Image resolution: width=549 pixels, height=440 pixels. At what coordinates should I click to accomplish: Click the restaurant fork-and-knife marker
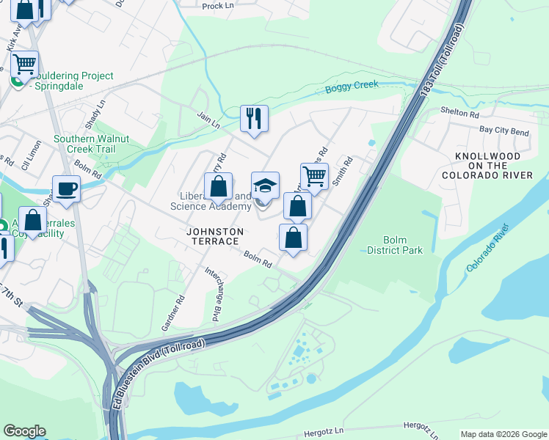click(x=254, y=119)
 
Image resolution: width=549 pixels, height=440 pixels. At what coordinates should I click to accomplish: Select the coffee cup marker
click(x=66, y=188)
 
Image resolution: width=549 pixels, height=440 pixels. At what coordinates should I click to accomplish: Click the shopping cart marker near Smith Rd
click(x=314, y=177)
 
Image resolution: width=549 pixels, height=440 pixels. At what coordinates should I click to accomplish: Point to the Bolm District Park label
click(x=403, y=245)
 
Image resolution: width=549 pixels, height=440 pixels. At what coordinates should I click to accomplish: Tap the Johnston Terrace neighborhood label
click(x=214, y=235)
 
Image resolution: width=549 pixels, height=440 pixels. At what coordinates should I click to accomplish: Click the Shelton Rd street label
click(x=460, y=114)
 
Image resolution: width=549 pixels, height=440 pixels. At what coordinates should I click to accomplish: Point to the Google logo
click(x=24, y=431)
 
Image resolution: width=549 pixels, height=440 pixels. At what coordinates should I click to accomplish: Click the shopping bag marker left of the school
click(x=219, y=187)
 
